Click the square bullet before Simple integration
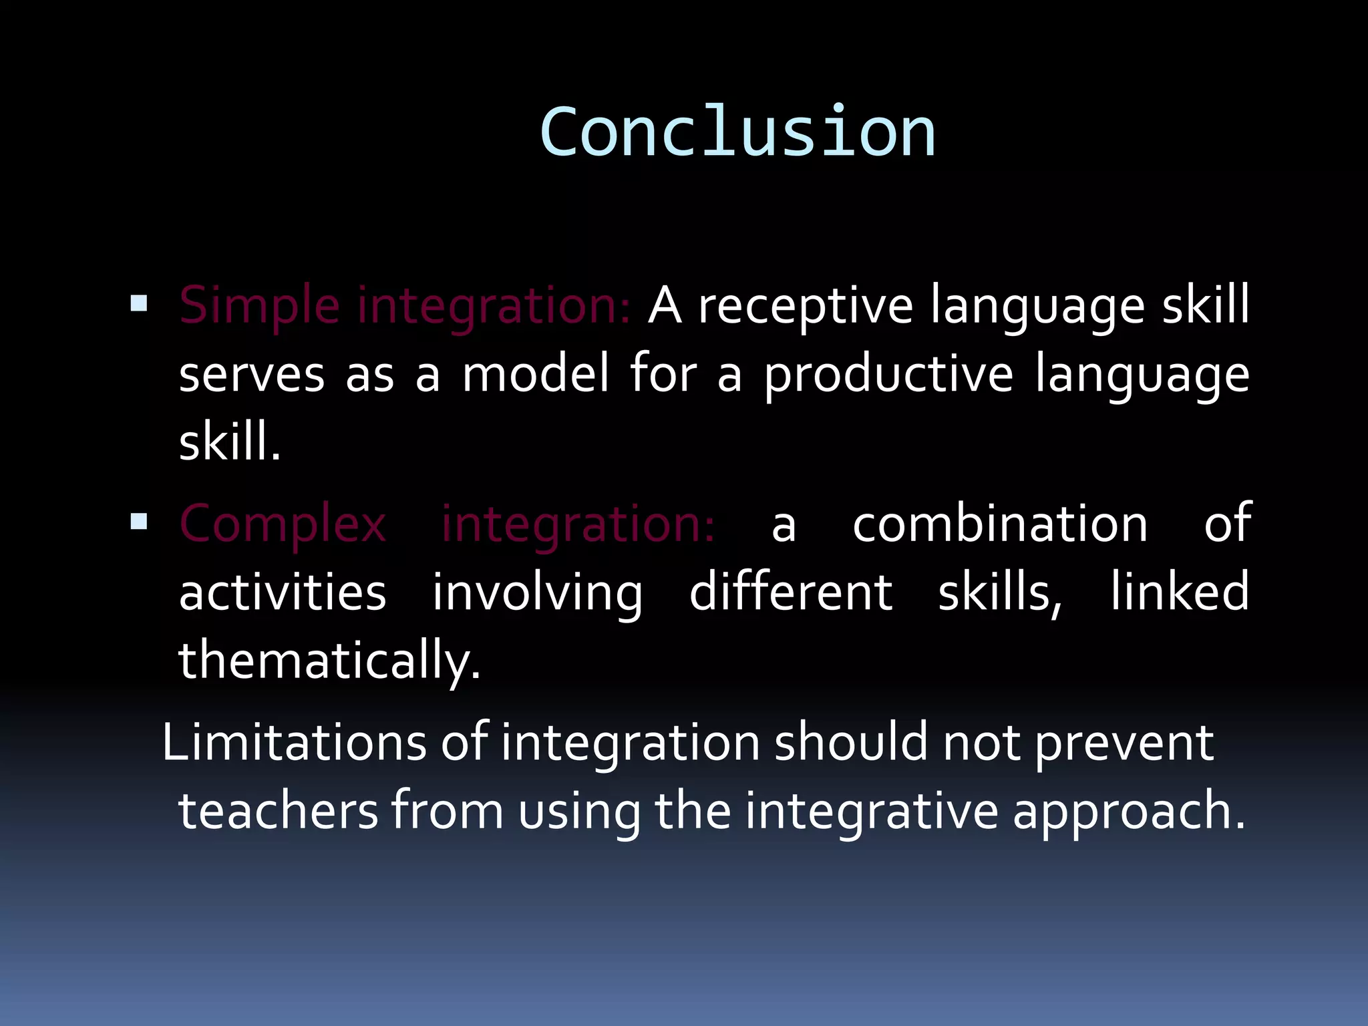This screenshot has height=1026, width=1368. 139,304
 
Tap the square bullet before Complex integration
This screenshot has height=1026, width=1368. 139,522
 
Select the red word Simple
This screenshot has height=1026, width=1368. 259,306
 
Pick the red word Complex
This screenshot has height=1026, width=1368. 283,525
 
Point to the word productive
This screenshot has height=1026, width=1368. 888,375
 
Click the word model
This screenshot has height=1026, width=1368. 536,374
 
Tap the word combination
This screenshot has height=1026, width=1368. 1000,524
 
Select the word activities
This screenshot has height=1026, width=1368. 283,592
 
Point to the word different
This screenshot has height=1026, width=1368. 790,592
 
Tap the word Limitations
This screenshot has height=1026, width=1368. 294,743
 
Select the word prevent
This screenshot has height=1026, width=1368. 1124,744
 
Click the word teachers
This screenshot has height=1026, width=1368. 279,811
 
